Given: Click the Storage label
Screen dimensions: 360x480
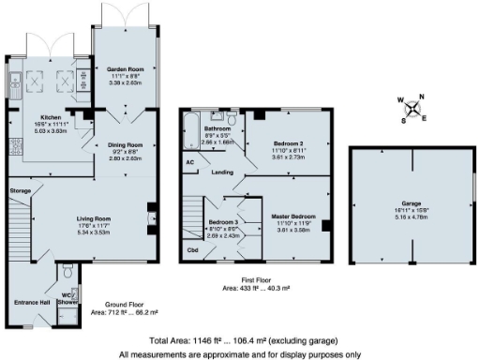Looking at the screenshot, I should point(21,190).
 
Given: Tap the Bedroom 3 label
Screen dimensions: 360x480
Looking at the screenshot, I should point(223,223).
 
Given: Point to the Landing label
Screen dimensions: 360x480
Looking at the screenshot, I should point(222,172).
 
